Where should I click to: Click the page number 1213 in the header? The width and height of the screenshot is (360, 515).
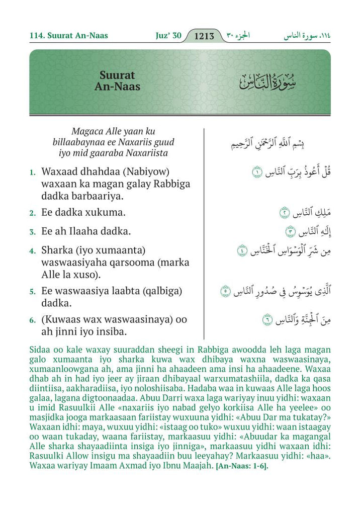[204, 36]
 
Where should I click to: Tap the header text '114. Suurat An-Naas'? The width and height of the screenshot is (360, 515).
[68, 36]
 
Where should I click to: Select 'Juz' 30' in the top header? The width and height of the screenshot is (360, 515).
[168, 36]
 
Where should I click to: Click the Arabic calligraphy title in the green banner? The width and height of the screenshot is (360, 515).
[268, 82]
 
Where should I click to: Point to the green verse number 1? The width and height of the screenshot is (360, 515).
[32, 172]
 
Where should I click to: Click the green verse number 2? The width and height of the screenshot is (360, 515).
[32, 213]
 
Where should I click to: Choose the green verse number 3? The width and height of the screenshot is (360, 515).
[32, 232]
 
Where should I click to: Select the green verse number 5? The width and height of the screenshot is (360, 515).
[32, 292]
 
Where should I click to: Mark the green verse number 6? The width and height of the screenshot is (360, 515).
[32, 320]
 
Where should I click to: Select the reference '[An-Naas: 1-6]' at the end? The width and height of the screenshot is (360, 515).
[242, 466]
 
